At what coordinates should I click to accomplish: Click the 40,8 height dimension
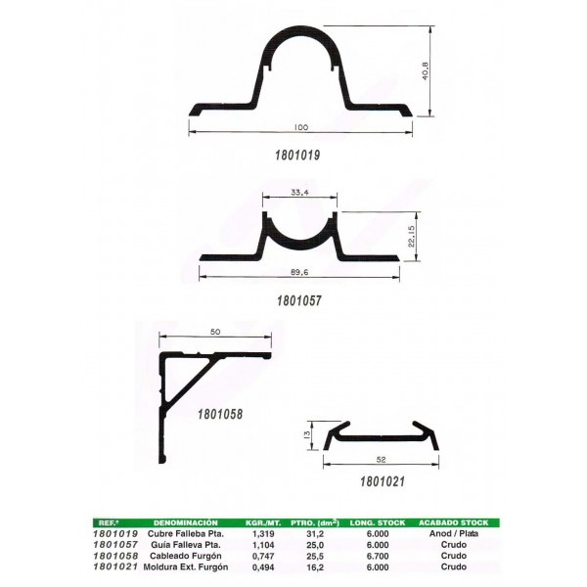pyautogui.click(x=425, y=70)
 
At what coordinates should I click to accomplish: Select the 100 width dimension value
pyautogui.click(x=301, y=127)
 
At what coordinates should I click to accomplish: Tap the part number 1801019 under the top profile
pyautogui.click(x=297, y=155)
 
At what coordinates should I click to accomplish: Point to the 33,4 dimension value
pyautogui.click(x=299, y=193)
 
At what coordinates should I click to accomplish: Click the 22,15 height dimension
pyautogui.click(x=412, y=236)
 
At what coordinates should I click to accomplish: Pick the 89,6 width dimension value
pyautogui.click(x=299, y=272)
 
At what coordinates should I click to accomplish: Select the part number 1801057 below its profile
pyautogui.click(x=299, y=300)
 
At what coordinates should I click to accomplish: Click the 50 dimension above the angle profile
pyautogui.click(x=215, y=332)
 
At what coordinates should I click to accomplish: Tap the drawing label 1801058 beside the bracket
pyautogui.click(x=220, y=414)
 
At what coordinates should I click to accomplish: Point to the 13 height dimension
pyautogui.click(x=306, y=434)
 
